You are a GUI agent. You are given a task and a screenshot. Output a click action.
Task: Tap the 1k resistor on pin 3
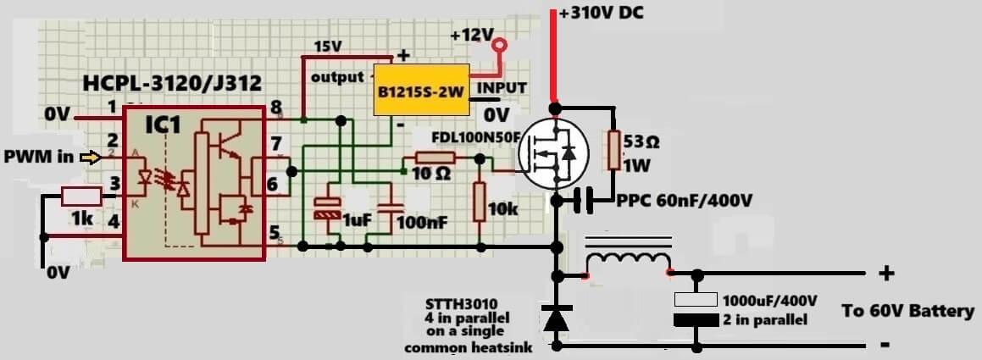(x=82, y=197)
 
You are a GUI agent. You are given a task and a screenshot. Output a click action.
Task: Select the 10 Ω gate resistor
(x=435, y=158)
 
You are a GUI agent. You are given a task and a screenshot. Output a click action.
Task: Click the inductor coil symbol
(x=628, y=261)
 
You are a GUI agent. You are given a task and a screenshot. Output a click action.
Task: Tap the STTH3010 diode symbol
(x=556, y=318)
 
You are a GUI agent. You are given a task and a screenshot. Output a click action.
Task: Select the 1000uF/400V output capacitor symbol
(x=696, y=310)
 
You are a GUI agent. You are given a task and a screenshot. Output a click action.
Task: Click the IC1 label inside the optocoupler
(x=162, y=126)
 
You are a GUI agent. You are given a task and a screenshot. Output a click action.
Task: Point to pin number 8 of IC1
(x=275, y=108)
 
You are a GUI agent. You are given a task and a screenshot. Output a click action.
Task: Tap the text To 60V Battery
(x=907, y=311)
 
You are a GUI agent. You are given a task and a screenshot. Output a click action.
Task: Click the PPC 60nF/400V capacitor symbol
(x=582, y=201)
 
